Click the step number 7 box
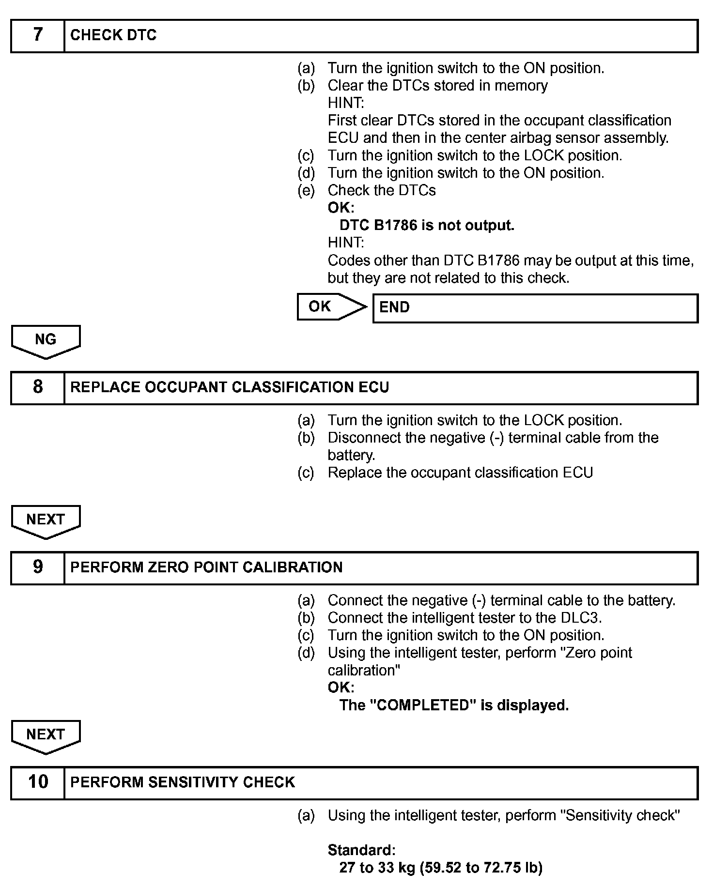[38, 36]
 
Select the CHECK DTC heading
[113, 35]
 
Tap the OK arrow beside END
[330, 306]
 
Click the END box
[535, 308]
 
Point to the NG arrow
[46, 341]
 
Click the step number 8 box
[38, 387]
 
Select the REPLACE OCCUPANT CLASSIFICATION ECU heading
[230, 387]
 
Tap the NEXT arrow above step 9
[46, 521]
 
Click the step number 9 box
[38, 567]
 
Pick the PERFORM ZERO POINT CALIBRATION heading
[206, 567]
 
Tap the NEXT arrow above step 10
[46, 736]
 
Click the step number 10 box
[38, 782]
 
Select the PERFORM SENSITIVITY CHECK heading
[183, 782]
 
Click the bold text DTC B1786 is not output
[427, 226]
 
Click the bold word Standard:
[361, 850]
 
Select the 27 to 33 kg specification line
[441, 868]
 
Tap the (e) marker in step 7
[306, 191]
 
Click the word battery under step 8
[351, 456]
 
